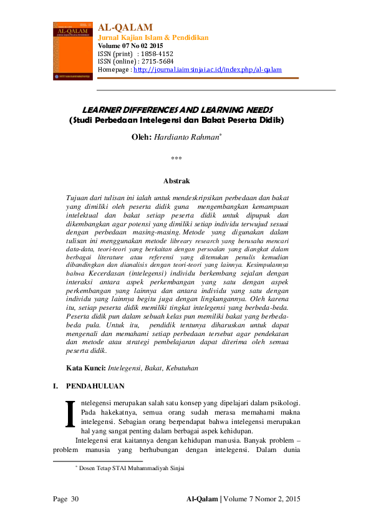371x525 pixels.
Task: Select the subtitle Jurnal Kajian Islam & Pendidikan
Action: [153, 37]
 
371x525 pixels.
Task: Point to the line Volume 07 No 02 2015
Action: [130, 46]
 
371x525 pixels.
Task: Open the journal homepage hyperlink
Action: [208, 70]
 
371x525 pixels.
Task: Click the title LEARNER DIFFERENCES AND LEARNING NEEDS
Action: [178, 109]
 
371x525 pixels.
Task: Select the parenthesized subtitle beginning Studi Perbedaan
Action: [176, 120]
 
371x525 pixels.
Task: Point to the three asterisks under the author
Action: [176, 160]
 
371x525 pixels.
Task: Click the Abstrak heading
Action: [176, 181]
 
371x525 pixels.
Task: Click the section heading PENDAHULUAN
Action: [95, 386]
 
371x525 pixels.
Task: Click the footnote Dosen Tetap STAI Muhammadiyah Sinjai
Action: [132, 467]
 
